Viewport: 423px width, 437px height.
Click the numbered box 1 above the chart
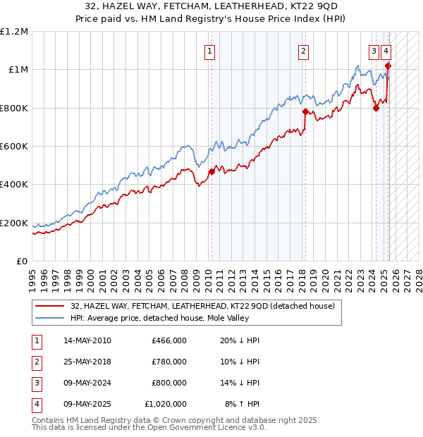[x=210, y=50]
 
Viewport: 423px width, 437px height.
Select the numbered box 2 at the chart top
[x=303, y=50]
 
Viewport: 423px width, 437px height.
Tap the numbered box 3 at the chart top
[x=373, y=50]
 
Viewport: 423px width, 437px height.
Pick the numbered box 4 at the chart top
[x=386, y=50]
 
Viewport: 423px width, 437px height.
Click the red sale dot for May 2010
[x=211, y=171]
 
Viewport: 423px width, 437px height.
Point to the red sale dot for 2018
[x=305, y=111]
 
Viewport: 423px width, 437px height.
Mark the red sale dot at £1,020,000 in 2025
[x=388, y=66]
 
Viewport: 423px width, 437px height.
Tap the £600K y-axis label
[x=14, y=147]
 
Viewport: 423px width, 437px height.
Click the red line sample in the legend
[x=49, y=306]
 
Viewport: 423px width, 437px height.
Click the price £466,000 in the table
[x=168, y=340]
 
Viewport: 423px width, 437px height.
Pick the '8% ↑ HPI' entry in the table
[x=243, y=405]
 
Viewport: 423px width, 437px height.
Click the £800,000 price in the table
[x=168, y=383]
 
